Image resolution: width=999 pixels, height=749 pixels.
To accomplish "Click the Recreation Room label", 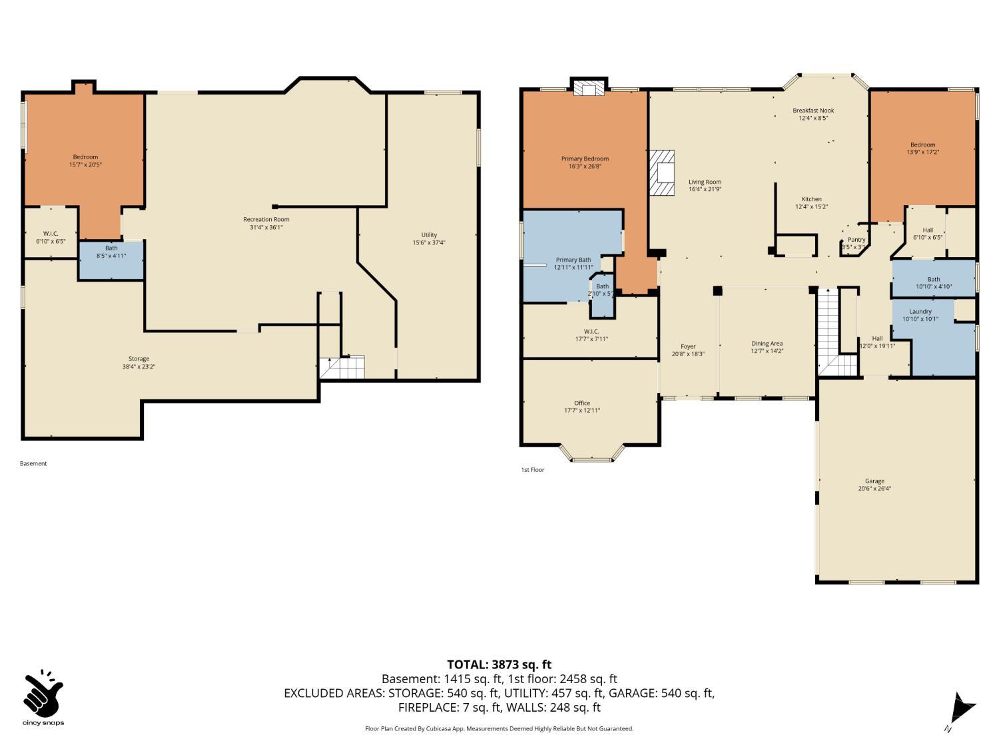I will (266, 219).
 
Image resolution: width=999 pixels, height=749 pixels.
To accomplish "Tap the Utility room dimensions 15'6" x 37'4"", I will (429, 242).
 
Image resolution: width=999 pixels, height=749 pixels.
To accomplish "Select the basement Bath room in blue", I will (111, 260).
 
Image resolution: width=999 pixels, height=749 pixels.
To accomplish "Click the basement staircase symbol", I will (342, 367).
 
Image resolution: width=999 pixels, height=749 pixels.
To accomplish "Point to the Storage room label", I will (139, 359).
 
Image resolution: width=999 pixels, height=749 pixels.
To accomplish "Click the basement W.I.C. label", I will (51, 233).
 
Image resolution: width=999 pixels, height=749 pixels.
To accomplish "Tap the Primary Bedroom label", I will (585, 158).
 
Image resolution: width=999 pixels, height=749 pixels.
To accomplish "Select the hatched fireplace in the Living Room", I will (663, 172).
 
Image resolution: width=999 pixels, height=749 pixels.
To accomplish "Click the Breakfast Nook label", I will (813, 111).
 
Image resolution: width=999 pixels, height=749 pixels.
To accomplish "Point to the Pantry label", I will (856, 240).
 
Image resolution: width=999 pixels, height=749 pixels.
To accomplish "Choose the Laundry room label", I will (920, 311).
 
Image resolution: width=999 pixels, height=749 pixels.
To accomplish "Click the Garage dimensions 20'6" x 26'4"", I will (874, 489).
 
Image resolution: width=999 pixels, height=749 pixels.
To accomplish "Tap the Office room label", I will (582, 403).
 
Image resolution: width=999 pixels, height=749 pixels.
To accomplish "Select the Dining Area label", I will (767, 344).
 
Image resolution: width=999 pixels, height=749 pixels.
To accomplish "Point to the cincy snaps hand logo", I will (43, 694).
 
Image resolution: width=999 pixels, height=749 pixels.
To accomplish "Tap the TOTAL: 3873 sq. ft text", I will (499, 664).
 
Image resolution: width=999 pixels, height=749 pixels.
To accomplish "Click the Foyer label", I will (688, 346).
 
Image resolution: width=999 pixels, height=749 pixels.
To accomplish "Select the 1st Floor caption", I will (532, 470).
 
